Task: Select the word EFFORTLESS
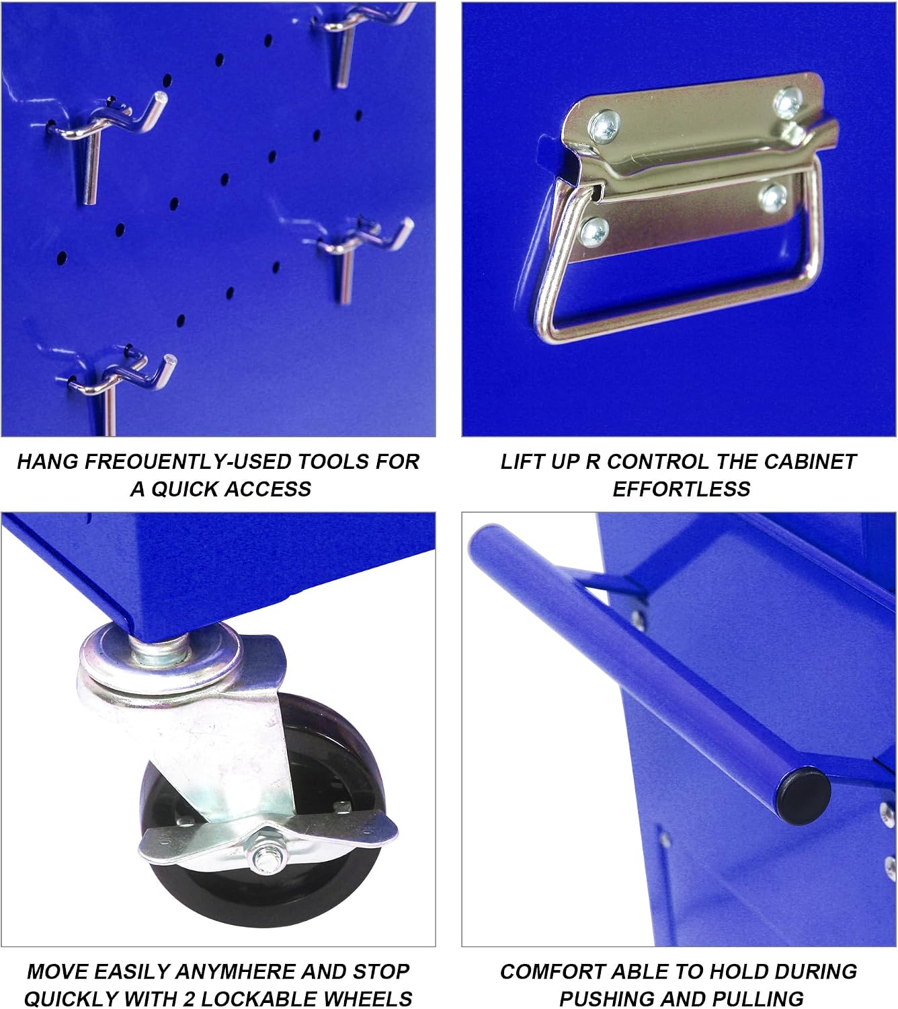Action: point(682,489)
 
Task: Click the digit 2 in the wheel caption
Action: point(189,996)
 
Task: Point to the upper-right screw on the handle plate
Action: point(788,102)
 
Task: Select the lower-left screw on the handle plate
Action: point(594,231)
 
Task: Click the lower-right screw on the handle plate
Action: point(772,198)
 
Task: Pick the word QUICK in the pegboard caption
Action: point(186,489)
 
